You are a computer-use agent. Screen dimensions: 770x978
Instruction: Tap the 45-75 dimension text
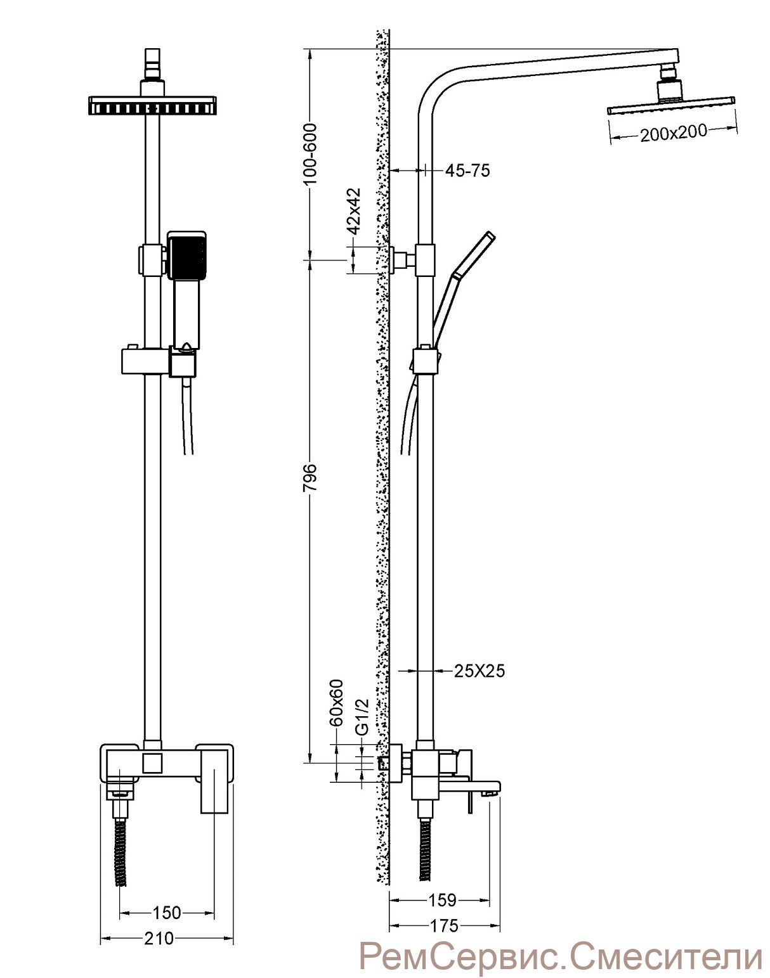(467, 171)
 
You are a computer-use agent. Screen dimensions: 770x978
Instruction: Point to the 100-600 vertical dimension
(311, 154)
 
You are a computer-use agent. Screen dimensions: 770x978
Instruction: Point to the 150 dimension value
(166, 912)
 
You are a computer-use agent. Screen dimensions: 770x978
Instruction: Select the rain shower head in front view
(152, 105)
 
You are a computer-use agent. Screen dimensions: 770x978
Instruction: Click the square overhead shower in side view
(671, 98)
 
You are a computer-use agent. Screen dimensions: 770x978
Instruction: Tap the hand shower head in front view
(187, 255)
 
